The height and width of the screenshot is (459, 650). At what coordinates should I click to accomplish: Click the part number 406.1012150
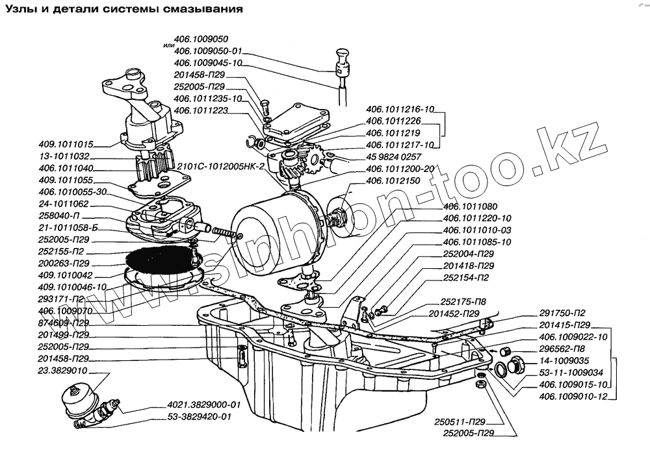pos(394,182)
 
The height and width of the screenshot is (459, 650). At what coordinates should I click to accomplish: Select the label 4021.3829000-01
pos(194,404)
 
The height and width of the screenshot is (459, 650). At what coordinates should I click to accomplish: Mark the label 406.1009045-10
pos(208,63)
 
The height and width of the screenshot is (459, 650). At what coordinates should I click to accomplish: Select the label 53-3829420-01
pos(198,417)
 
